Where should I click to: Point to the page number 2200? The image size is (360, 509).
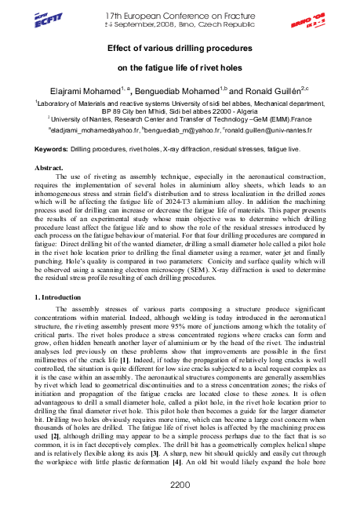(x=180, y=485)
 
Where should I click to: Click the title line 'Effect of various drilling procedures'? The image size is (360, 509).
(x=180, y=48)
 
